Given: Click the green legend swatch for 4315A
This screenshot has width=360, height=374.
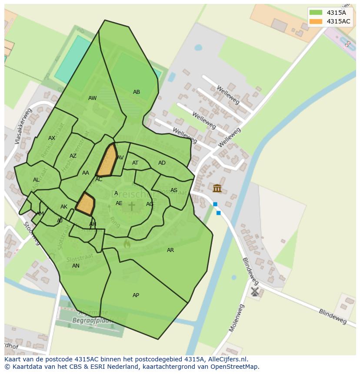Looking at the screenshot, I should tap(316, 13).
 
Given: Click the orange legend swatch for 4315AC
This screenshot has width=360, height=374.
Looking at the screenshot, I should tap(316, 21).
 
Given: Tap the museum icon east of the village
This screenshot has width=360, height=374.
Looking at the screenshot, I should tap(217, 188).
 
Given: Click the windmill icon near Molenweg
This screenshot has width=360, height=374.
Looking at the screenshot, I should tap(255, 291).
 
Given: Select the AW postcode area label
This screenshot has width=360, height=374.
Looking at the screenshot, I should tap(93, 98).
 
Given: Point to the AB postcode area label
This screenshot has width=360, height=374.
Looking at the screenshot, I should tap(137, 92).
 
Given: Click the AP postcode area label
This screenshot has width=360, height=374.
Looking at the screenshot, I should tap(136, 295).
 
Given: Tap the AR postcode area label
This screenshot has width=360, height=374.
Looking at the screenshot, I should tap(170, 250).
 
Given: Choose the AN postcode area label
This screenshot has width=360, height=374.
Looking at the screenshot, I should tap(76, 266).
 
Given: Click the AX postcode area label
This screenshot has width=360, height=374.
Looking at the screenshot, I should tap(52, 138).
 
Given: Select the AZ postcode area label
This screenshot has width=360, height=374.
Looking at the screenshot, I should tap(73, 156).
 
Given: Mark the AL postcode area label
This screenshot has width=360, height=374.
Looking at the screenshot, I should tap(36, 180).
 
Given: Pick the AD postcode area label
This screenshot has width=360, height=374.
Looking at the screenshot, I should tap(162, 163).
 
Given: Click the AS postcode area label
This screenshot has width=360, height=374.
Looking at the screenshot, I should tap(174, 190).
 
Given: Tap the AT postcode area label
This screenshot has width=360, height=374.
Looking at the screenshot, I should tap(135, 163).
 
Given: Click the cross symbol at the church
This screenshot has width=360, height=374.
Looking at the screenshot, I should tap(131, 206).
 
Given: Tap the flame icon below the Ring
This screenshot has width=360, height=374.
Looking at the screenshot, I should tap(127, 244).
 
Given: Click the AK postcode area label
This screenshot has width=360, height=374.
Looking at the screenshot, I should tap(64, 207).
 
